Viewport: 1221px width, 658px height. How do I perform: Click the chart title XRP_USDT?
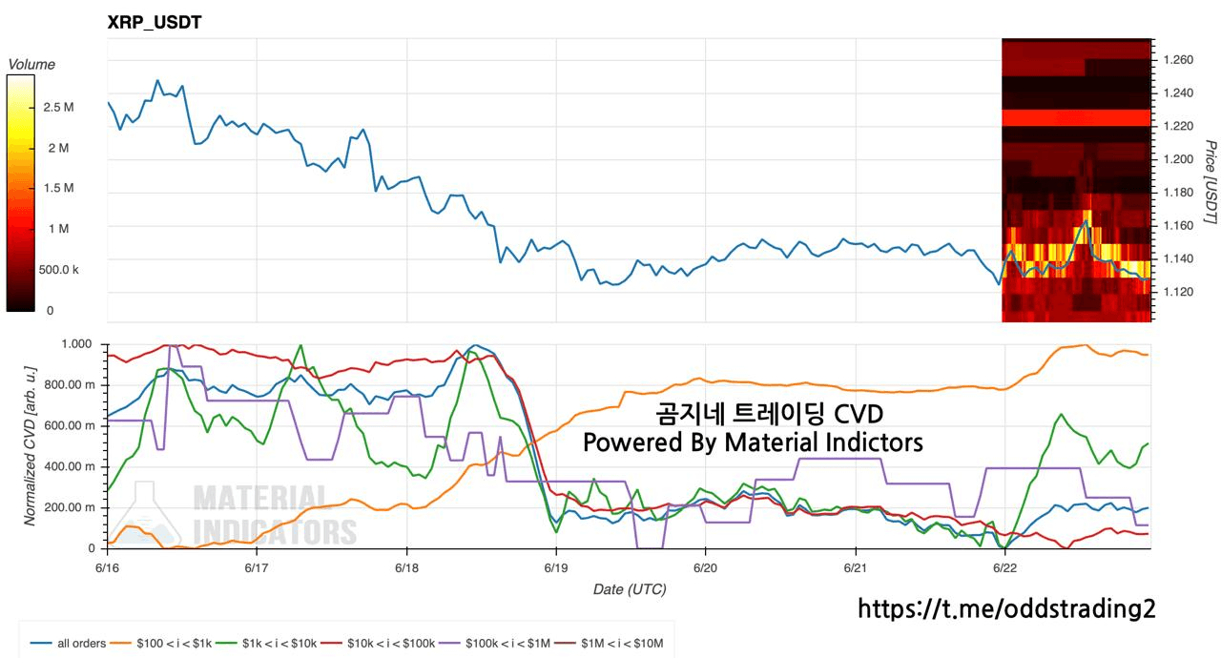pos(155,22)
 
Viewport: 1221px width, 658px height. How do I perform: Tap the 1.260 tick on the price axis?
pos(1178,59)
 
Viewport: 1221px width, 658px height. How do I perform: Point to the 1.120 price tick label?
pos(1178,292)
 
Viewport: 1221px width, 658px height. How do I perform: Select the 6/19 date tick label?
pos(555,568)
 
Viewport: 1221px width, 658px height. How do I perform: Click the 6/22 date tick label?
pos(1004,568)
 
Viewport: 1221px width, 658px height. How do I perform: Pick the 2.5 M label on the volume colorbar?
pos(58,108)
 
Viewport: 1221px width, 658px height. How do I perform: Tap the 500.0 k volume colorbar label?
pos(58,270)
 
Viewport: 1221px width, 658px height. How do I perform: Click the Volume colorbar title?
pos(31,64)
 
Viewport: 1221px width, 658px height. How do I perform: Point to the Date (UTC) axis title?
pos(630,589)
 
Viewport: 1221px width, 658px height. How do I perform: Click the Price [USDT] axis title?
pos(1210,182)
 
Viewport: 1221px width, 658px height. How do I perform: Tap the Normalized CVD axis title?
pos(30,446)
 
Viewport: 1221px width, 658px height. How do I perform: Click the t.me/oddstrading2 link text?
pos(1006,608)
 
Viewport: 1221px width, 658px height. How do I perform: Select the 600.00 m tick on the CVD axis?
pos(70,425)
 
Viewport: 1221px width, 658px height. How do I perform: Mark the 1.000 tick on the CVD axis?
pos(76,343)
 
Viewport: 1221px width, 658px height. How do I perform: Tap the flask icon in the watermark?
pos(145,515)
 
